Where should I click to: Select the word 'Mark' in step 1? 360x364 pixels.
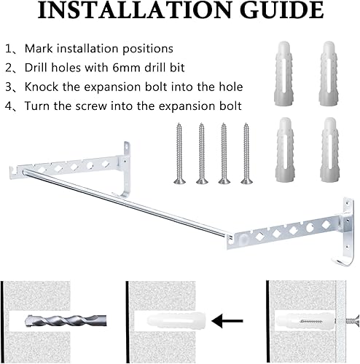(39, 49)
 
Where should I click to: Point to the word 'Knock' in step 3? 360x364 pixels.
(42, 87)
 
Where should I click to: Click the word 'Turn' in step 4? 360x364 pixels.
(37, 106)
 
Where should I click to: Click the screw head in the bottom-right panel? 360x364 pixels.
(353, 318)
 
